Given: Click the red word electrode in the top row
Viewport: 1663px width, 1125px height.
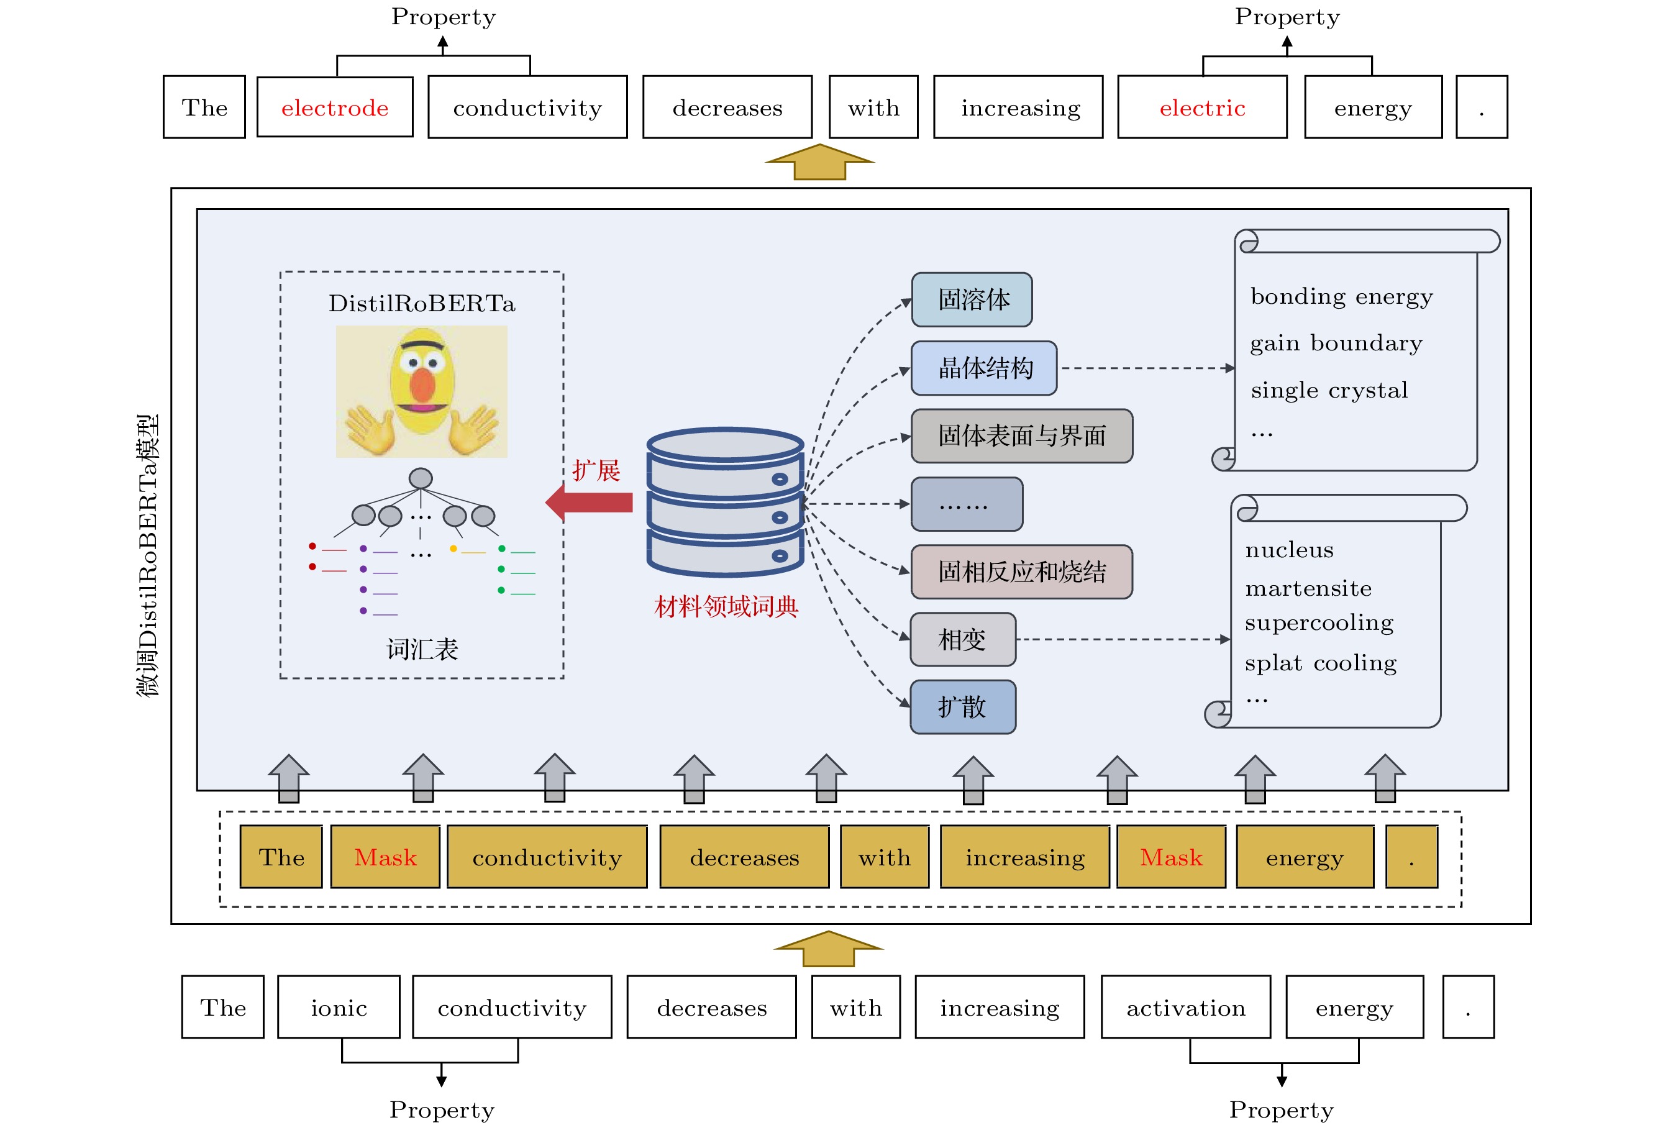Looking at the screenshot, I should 335,107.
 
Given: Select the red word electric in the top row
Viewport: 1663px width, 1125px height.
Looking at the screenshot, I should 1202,107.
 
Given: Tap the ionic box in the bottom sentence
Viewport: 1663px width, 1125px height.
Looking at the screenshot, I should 339,1007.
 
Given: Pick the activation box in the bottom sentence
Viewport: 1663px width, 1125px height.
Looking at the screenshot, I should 1186,1007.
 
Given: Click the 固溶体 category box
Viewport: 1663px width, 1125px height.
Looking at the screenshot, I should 972,299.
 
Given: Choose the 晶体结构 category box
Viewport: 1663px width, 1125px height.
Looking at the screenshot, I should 984,368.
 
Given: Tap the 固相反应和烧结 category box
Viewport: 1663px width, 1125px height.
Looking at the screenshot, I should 1022,572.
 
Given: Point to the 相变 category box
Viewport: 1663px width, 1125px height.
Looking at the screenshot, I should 962,639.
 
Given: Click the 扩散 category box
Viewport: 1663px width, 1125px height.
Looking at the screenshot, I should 962,707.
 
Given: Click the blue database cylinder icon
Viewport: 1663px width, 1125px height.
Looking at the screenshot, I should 725,501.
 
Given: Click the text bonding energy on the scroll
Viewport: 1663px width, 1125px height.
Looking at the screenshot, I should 1341,296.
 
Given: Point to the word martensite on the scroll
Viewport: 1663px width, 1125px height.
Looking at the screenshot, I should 1308,588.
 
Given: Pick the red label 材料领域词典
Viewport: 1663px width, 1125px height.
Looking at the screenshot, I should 726,607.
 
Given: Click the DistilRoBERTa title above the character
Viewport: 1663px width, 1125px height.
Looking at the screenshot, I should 421,303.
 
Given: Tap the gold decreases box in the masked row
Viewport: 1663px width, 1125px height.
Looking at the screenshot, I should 744,857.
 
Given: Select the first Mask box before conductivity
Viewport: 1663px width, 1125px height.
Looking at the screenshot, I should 385,857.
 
